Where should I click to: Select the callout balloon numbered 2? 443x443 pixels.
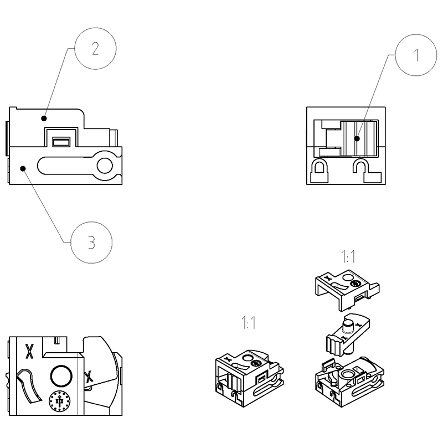click(x=95, y=49)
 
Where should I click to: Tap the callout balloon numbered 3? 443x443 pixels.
click(x=92, y=241)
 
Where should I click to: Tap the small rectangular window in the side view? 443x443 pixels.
click(x=61, y=142)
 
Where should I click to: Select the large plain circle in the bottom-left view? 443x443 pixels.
click(x=61, y=376)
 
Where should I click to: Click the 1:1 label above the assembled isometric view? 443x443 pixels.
click(x=248, y=323)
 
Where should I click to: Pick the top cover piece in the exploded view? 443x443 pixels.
click(x=346, y=286)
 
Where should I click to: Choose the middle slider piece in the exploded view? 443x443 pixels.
click(x=343, y=336)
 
